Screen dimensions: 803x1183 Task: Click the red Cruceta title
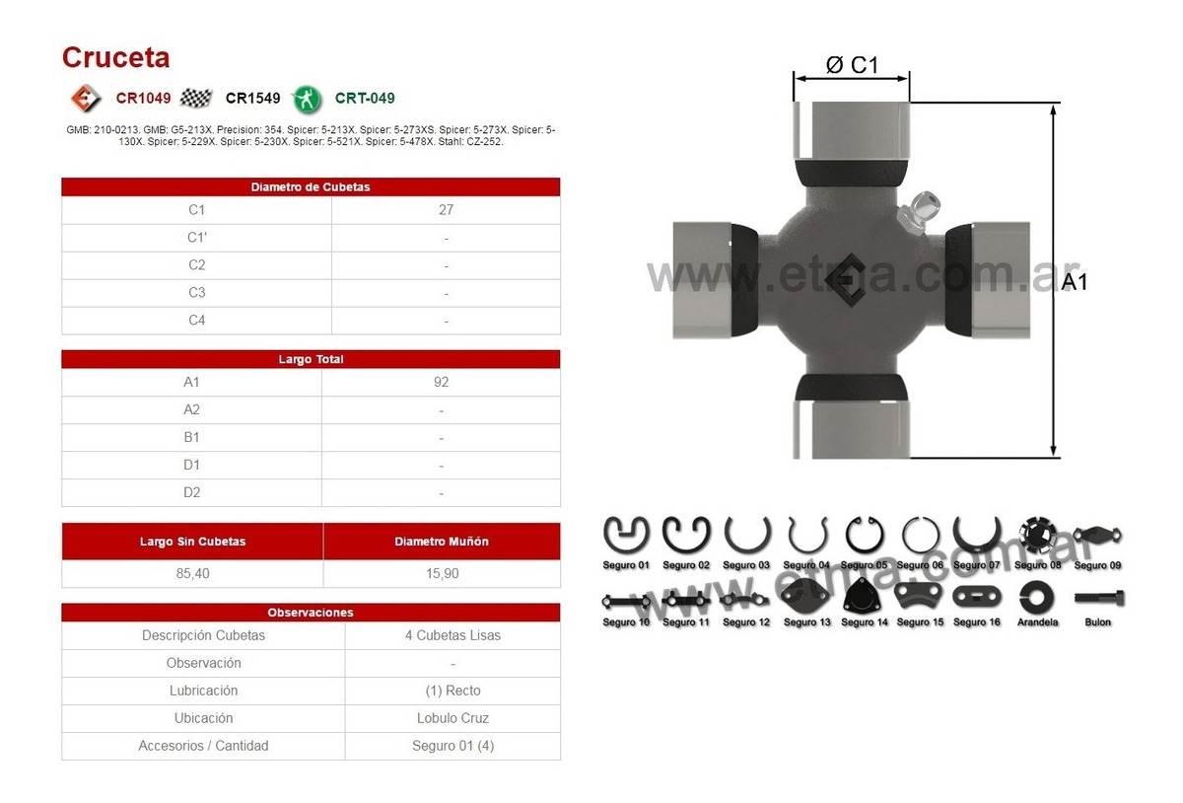pos(115,57)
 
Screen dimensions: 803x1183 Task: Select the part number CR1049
pos(143,98)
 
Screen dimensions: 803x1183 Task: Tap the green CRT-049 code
pos(365,98)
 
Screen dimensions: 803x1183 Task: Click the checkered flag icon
pos(197,98)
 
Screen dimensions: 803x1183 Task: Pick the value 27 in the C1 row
pos(447,210)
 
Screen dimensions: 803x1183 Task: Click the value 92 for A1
pos(441,382)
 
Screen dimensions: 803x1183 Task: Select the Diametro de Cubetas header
pos(311,186)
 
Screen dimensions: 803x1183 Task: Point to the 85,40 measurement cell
pos(192,573)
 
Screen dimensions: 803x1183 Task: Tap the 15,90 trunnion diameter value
pos(441,573)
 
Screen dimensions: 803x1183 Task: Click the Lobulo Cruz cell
pos(452,718)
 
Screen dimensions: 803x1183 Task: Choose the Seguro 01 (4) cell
pos(452,746)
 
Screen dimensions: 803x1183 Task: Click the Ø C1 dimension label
pos(851,65)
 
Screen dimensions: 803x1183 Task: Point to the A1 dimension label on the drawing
pos(1074,281)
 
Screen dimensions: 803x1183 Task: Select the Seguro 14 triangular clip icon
pos(864,596)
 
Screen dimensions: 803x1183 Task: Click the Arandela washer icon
pos(1037,596)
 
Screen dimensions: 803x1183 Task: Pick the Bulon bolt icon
pos(1098,597)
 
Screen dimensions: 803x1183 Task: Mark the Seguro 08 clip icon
pos(1037,536)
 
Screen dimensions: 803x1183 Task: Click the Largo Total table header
pos(311,359)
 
